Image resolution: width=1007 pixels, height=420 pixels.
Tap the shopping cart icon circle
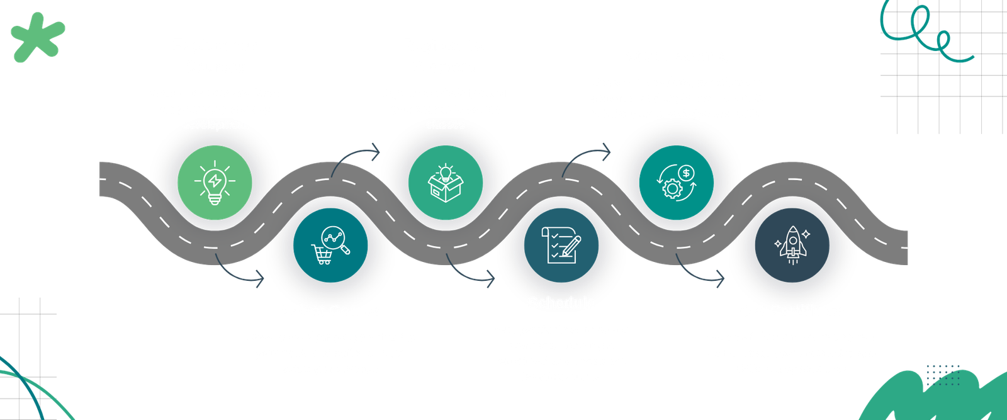pyautogui.click(x=330, y=244)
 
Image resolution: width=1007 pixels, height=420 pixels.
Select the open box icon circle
pyautogui.click(x=446, y=183)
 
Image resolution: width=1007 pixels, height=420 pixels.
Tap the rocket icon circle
pyautogui.click(x=792, y=244)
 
